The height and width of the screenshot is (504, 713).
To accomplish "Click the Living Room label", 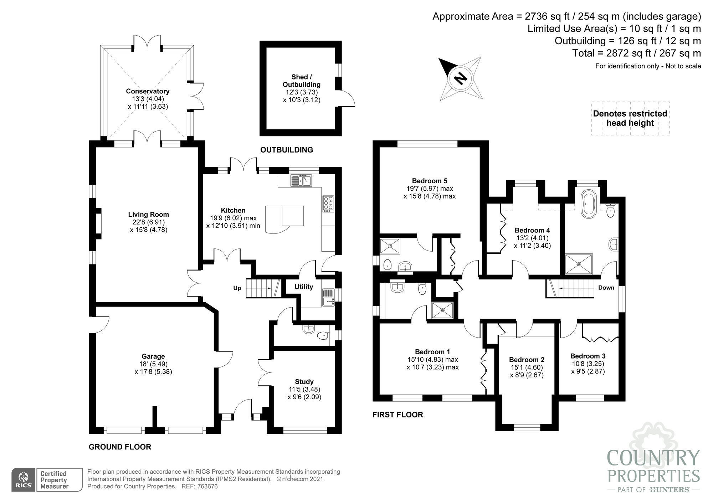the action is pyautogui.click(x=149, y=214).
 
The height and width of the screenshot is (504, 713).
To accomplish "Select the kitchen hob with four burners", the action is pyautogui.click(x=328, y=204).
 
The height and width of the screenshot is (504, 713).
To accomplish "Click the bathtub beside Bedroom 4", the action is pyautogui.click(x=588, y=204).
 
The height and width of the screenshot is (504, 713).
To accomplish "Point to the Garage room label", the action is pyautogui.click(x=153, y=356).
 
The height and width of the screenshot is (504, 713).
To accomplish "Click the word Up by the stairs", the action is pyautogui.click(x=237, y=288).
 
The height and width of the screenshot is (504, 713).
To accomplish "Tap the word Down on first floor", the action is pyautogui.click(x=606, y=288).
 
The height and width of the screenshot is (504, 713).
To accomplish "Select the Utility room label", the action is pyautogui.click(x=304, y=287).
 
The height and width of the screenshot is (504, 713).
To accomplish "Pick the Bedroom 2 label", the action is pyautogui.click(x=527, y=359).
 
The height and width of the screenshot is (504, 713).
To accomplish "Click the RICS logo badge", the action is pyautogui.click(x=24, y=480).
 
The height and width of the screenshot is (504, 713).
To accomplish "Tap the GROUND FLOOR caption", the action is pyautogui.click(x=120, y=447).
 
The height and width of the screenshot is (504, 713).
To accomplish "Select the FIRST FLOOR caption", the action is pyautogui.click(x=397, y=415).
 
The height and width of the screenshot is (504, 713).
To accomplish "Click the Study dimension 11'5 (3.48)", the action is pyautogui.click(x=304, y=389).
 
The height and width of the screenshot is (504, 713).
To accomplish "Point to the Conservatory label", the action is pyautogui.click(x=148, y=91).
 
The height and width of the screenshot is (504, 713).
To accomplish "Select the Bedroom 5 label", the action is pyautogui.click(x=430, y=181).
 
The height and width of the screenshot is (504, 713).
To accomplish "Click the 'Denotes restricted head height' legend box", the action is pyautogui.click(x=630, y=118).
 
